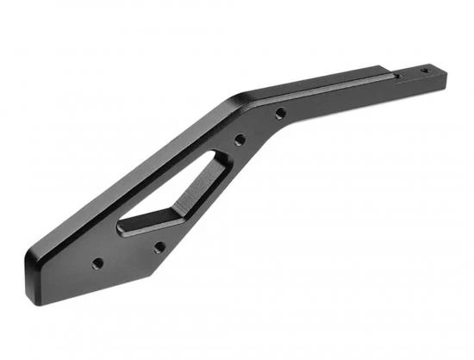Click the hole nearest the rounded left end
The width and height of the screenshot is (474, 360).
[x=97, y=263]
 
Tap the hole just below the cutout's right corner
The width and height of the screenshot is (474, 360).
[x=159, y=246]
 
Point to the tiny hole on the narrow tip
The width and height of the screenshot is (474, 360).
[x=423, y=70]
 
